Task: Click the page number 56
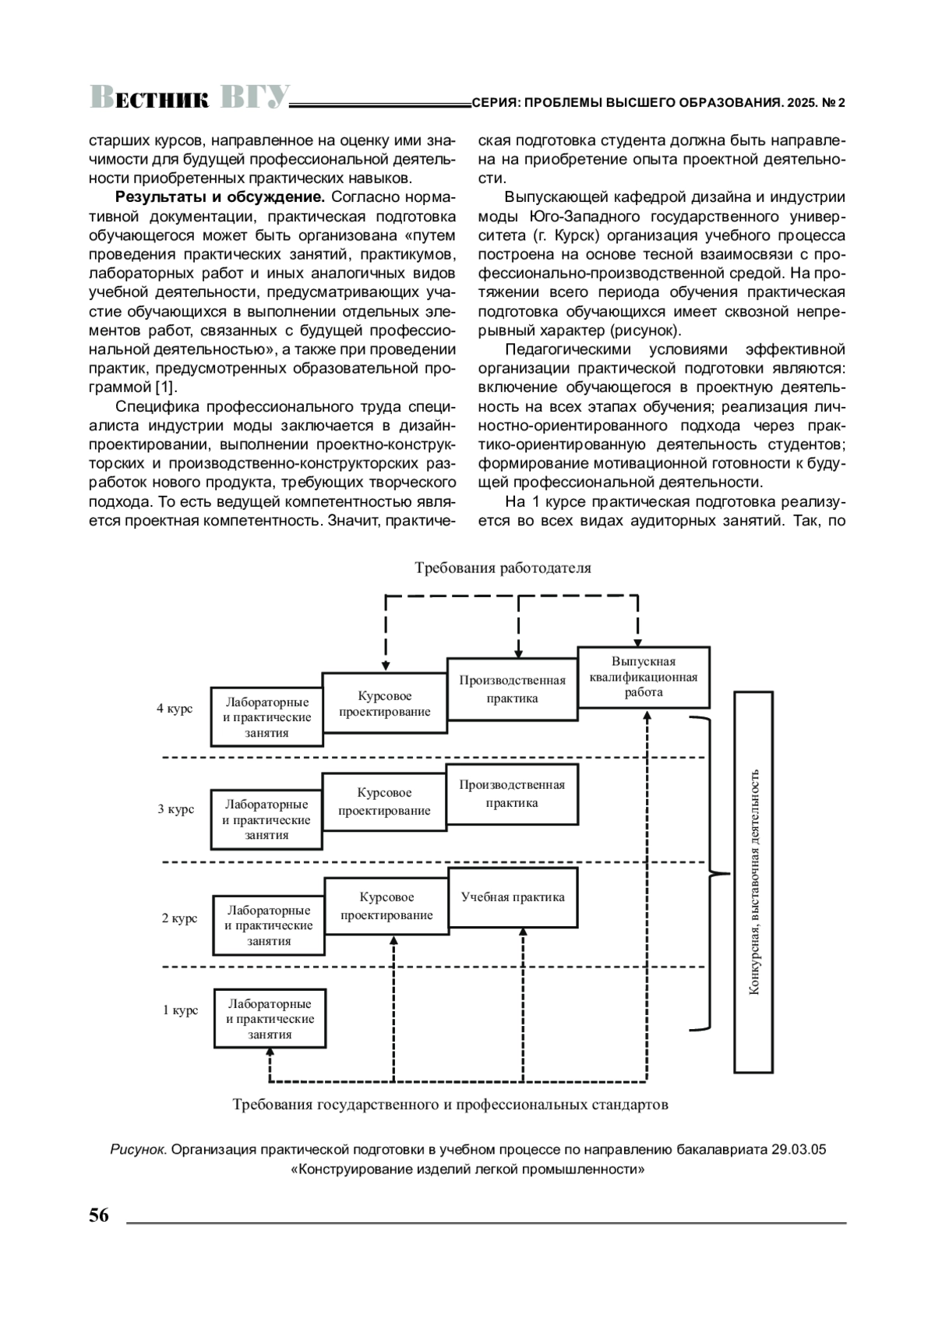99,1215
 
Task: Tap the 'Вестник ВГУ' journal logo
190,97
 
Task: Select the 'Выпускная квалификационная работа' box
644,677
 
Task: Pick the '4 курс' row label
175,709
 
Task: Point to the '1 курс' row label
180,1010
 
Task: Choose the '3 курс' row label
175,809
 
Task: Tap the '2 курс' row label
179,918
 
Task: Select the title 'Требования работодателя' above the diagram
503,568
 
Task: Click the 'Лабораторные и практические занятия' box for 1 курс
270,1019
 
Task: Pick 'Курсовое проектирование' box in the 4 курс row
385,703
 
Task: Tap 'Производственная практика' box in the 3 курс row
512,794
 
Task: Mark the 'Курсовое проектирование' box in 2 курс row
386,906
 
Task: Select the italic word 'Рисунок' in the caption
139,1150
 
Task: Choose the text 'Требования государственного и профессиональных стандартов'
450,1105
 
